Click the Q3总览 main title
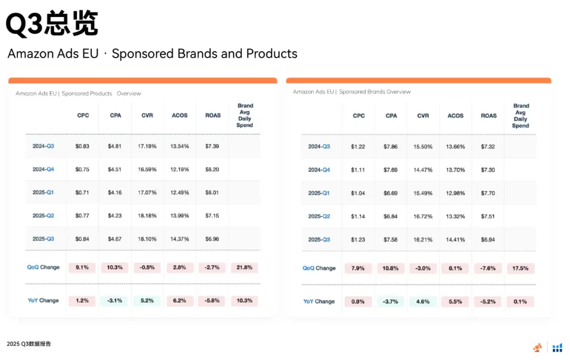point(52,24)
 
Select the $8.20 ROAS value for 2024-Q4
point(212,169)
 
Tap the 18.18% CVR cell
point(147,216)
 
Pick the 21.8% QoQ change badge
point(244,268)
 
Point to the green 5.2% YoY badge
point(147,301)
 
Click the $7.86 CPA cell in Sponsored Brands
point(391,147)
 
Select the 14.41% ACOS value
point(455,240)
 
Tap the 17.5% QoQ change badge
point(520,268)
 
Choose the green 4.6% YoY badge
point(423,302)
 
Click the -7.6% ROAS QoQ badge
point(488,268)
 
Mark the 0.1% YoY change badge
point(520,302)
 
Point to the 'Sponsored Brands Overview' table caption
point(351,92)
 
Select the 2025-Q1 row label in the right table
point(319,193)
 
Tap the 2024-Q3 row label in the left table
point(43,146)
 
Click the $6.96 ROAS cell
point(212,239)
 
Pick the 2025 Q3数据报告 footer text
point(29,344)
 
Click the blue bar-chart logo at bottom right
point(557,347)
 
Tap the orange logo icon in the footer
point(538,347)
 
